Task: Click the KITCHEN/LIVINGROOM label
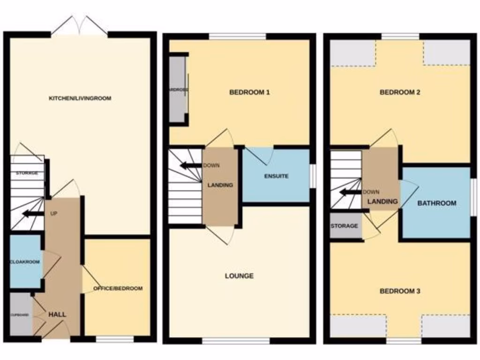(x=80, y=98)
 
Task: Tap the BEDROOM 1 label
(x=249, y=92)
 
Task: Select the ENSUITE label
(x=276, y=176)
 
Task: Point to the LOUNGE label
(x=239, y=276)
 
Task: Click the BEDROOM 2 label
(x=399, y=92)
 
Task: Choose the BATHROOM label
(x=436, y=203)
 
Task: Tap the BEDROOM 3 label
(x=399, y=291)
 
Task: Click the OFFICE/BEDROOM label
(x=118, y=288)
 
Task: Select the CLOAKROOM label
(x=24, y=262)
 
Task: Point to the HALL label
(x=57, y=315)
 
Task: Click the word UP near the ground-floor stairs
(x=54, y=213)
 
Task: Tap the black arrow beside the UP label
(x=31, y=214)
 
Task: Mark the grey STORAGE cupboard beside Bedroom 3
(x=345, y=226)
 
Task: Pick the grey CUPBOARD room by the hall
(x=20, y=314)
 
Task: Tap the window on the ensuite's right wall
(x=313, y=176)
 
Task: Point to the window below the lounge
(x=236, y=341)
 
